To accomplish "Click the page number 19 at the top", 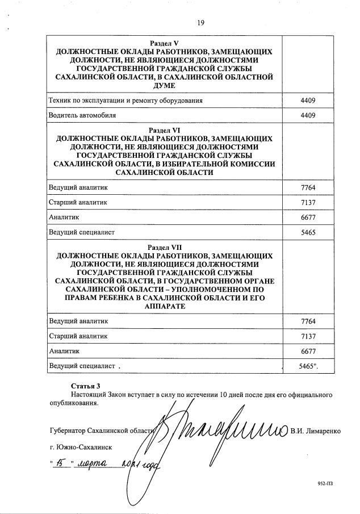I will click(x=200, y=23).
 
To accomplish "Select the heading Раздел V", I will click(x=164, y=43).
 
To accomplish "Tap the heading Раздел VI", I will click(x=164, y=130).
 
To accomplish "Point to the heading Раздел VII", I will click(x=164, y=248).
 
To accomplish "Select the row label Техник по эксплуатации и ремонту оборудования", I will click(x=125, y=101).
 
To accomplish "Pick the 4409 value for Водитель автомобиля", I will click(x=308, y=115).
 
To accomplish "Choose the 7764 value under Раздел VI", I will click(x=308, y=187).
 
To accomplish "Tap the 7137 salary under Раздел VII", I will click(x=308, y=336).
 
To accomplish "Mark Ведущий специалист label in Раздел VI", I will click(x=82, y=232).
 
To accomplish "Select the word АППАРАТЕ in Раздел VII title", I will click(x=164, y=306).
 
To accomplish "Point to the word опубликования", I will click(x=73, y=404).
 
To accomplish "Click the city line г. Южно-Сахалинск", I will click(x=85, y=448).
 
